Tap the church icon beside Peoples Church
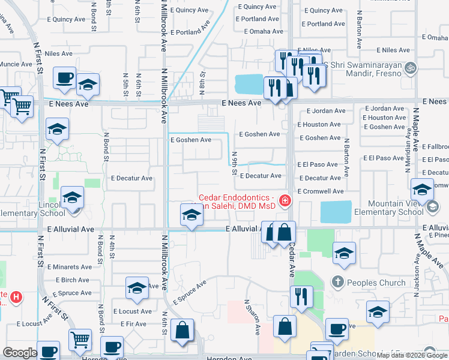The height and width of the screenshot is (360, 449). pyautogui.click(x=338, y=282)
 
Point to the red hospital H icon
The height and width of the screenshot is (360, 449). pyautogui.click(x=17, y=296)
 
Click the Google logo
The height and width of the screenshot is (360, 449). pyautogui.click(x=20, y=353)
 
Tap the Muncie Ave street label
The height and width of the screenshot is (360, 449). pyautogui.click(x=16, y=64)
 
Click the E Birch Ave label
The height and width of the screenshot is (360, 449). pyautogui.click(x=73, y=280)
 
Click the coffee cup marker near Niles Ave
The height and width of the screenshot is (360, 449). pyautogui.click(x=64, y=77)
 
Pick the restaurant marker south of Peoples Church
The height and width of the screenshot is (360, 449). pyautogui.click(x=301, y=296)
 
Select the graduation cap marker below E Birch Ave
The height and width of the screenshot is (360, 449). pyautogui.click(x=137, y=289)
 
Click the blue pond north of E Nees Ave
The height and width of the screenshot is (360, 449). pyautogui.click(x=251, y=84)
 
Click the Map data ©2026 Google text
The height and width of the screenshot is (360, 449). pyautogui.click(x=411, y=355)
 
